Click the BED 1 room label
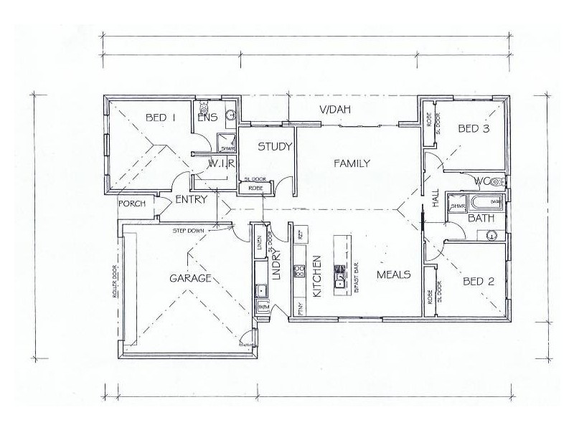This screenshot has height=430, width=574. click(161, 118)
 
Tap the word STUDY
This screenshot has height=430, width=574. click(275, 148)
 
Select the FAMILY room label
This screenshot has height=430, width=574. click(352, 163)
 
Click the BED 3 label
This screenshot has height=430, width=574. click(474, 129)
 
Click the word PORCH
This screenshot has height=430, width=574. click(133, 204)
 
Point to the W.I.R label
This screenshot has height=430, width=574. click(219, 164)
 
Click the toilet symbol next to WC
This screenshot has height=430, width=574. click(496, 182)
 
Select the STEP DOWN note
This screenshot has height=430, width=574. click(188, 231)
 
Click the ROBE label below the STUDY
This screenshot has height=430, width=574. click(255, 188)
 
